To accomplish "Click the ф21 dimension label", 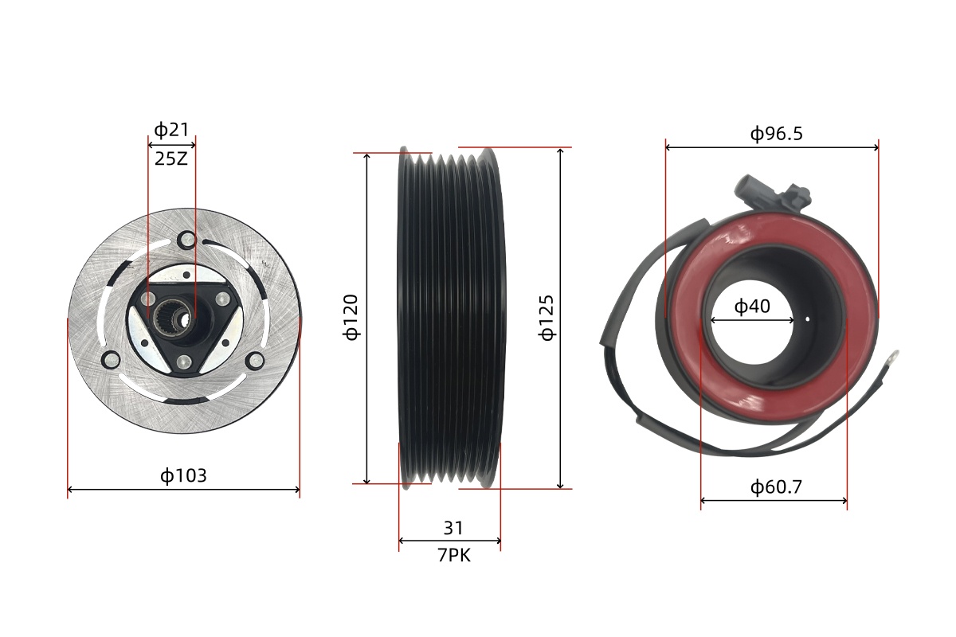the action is click(x=171, y=130).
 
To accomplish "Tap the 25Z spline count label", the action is click(x=171, y=159).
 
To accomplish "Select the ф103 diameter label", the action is click(x=183, y=475).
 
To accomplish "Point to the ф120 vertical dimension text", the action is click(x=351, y=317).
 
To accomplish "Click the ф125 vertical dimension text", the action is click(x=547, y=318).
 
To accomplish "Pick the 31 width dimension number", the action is click(x=453, y=528).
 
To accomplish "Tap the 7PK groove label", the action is click(x=453, y=556).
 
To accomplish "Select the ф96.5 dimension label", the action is click(x=776, y=134).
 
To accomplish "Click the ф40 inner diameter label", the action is click(x=752, y=306).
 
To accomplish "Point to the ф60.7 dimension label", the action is click(x=776, y=487).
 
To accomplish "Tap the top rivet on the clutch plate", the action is click(x=188, y=240).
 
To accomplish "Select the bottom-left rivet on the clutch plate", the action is click(x=112, y=360).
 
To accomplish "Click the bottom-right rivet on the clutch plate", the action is click(x=256, y=361).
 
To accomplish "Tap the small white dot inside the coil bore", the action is click(x=807, y=318).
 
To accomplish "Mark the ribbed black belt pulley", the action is click(x=452, y=318).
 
